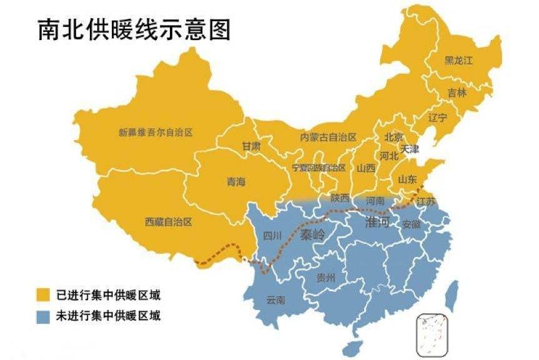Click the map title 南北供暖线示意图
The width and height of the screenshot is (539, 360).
[134, 29]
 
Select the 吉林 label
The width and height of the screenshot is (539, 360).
[457, 92]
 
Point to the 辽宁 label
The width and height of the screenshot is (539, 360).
[438, 117]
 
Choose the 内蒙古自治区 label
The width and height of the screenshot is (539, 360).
[328, 137]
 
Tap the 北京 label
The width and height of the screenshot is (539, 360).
[393, 137]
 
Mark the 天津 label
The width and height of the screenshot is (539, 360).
[410, 149]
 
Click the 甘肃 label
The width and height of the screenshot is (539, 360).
[251, 146]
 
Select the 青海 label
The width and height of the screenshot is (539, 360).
[236, 182]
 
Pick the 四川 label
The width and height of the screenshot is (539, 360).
[272, 236]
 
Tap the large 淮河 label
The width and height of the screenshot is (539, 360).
[377, 223]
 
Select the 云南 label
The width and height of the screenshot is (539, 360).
[275, 300]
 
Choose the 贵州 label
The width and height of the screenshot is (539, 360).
[325, 277]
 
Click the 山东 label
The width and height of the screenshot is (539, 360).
[407, 179]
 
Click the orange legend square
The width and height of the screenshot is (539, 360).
[43, 294]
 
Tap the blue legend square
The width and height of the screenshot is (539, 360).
[43, 316]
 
